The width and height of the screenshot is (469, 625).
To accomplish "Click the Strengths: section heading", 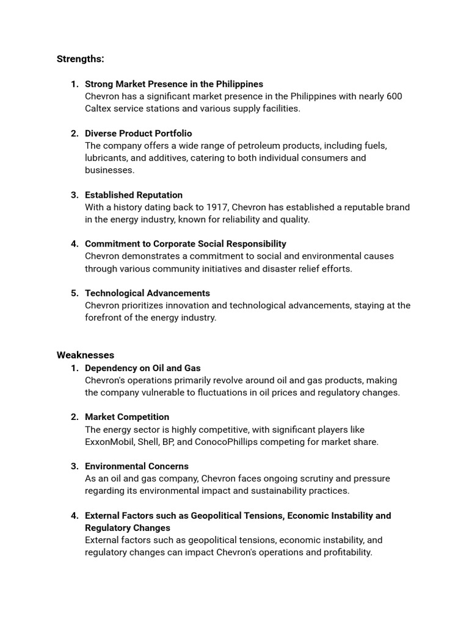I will tap(80, 59).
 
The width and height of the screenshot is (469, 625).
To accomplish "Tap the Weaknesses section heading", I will tap(85, 355).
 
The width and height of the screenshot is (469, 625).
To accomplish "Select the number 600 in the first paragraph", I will tap(394, 96).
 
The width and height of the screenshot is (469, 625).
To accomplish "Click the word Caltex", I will tap(99, 109).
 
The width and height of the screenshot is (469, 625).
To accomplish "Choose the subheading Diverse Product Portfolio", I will tap(138, 134).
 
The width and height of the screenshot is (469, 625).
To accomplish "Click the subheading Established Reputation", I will tap(134, 195).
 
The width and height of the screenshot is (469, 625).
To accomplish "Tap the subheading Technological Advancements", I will tap(147, 294).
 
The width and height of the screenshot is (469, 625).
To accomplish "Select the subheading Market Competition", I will tap(127, 417).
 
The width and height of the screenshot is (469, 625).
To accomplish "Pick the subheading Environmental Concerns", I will tap(137, 466).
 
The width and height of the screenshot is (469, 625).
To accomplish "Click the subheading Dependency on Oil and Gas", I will tap(142, 368).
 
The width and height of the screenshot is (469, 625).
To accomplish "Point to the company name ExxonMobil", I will tap(110, 442).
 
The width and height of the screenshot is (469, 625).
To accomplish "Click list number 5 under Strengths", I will tap(75, 294).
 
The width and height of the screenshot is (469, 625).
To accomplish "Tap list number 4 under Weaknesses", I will tap(75, 516).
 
